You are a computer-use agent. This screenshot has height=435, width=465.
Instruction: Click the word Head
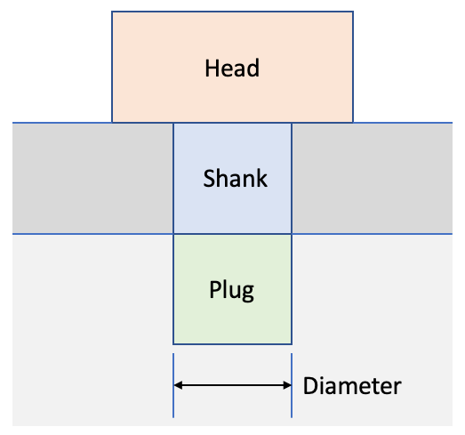[232, 68]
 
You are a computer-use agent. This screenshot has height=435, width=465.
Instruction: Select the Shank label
[236, 178]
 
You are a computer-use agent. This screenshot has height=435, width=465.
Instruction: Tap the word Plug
[231, 291]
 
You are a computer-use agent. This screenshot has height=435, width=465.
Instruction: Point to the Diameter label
[352, 385]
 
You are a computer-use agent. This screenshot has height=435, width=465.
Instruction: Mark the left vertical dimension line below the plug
[173, 385]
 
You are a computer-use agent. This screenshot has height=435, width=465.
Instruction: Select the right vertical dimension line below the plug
[292, 385]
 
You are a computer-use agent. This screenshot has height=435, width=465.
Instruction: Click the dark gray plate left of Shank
[92, 178]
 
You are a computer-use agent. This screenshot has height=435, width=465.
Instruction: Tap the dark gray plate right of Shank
[373, 178]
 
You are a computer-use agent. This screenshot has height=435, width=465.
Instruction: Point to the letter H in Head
[212, 68]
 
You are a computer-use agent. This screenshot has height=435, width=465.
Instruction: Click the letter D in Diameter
[310, 385]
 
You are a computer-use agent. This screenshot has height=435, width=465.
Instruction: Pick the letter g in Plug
[247, 293]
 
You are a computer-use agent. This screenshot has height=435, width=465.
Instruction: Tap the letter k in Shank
[261, 178]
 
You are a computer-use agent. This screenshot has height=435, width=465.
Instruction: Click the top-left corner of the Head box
[112, 12]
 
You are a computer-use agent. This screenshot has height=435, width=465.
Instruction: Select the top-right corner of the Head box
[353, 12]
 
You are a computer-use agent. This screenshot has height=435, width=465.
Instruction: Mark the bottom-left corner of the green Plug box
[173, 344]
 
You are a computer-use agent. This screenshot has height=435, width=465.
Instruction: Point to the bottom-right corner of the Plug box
[292, 344]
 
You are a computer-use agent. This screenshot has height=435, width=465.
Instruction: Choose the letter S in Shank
[209, 178]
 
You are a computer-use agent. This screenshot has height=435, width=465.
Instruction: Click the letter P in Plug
[214, 289]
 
